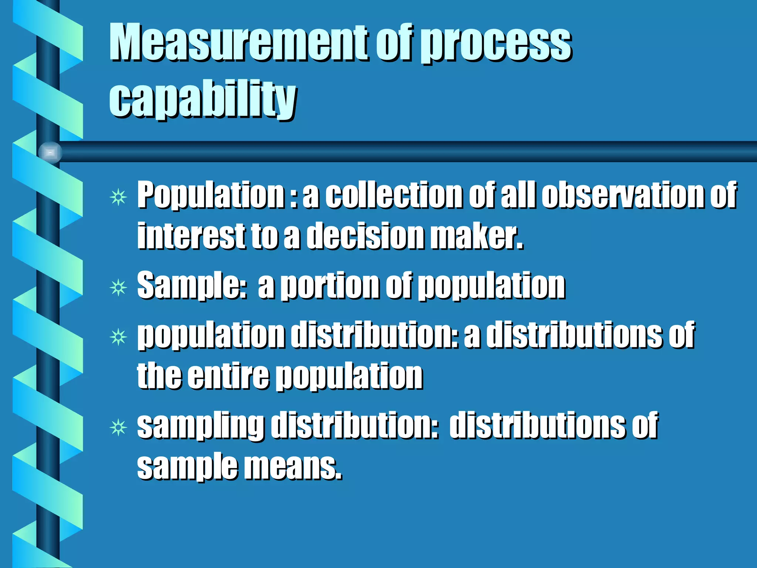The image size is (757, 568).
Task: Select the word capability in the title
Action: click(x=203, y=99)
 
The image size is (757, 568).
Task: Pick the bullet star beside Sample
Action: click(x=118, y=287)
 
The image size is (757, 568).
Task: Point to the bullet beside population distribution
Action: click(x=118, y=337)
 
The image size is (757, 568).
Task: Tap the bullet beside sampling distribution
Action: click(x=118, y=428)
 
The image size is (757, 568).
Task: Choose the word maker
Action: click(x=477, y=236)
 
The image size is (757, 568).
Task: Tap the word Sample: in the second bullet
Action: click(x=192, y=285)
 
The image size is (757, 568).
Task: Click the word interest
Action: click(x=191, y=236)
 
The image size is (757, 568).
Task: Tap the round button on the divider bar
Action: click(x=50, y=152)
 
